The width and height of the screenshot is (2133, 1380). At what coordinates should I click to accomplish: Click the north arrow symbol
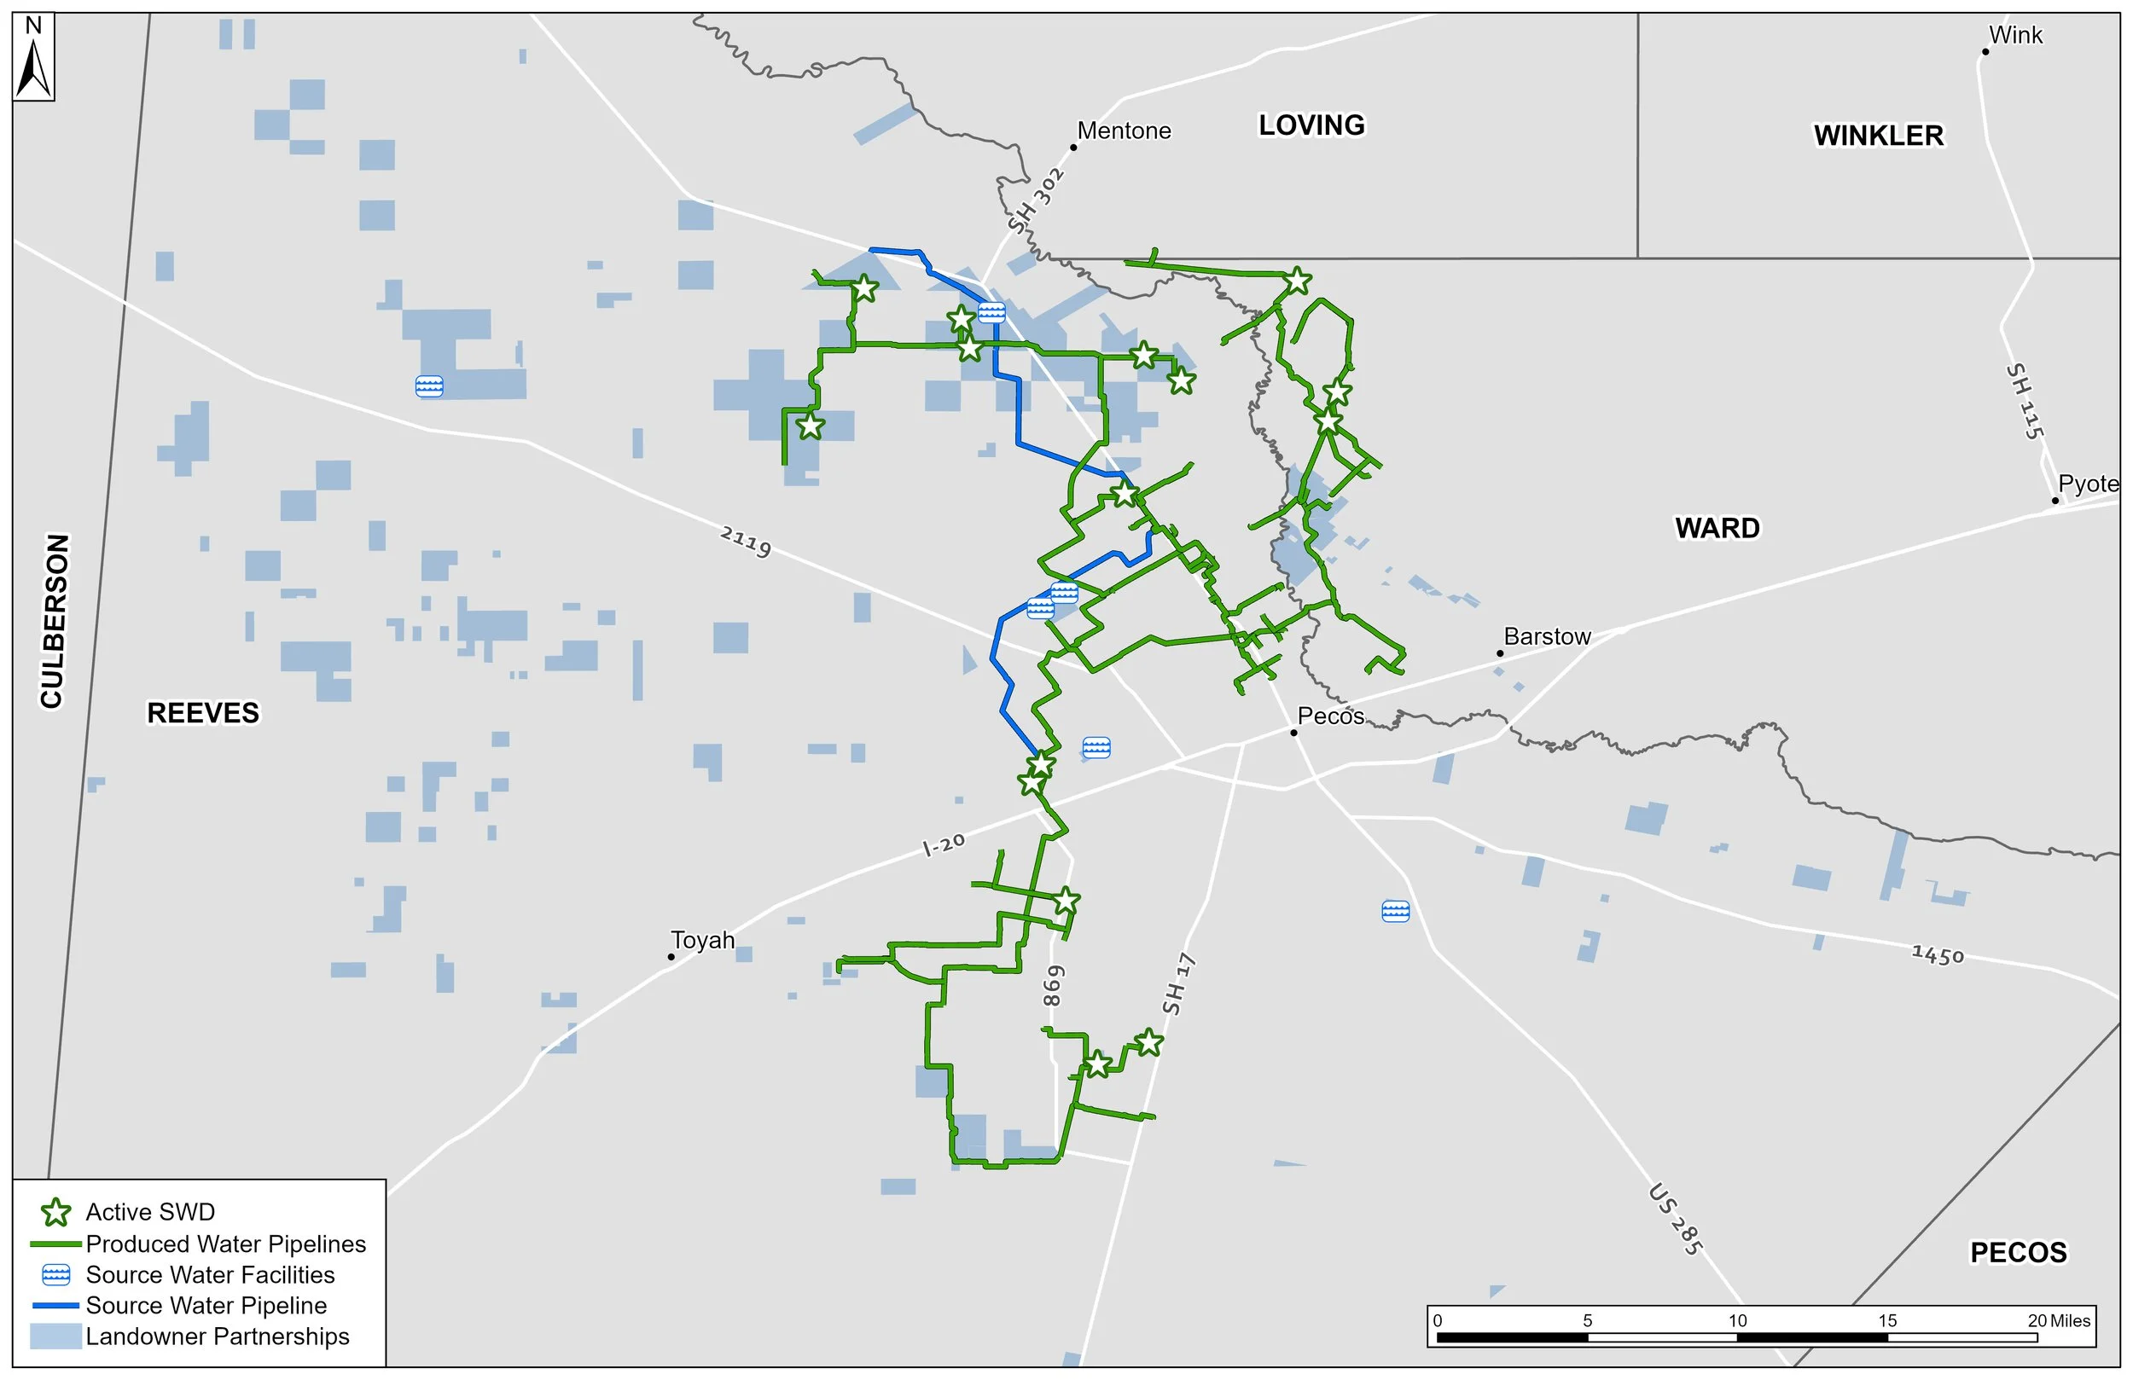(x=34, y=56)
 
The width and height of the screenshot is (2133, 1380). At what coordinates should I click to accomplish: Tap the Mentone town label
(x=1123, y=130)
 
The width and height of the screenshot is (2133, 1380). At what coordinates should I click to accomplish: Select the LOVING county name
(x=1311, y=125)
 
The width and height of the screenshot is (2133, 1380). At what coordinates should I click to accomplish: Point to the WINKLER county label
(x=1879, y=136)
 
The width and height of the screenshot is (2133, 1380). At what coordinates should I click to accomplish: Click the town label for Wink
(x=2014, y=36)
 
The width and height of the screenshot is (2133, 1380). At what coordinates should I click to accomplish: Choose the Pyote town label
(x=2087, y=484)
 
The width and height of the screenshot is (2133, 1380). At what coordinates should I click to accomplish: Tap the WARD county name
(x=1717, y=529)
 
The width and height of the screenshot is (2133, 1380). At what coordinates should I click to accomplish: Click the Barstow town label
(x=1547, y=637)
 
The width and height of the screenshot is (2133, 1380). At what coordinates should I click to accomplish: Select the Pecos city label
(x=1331, y=716)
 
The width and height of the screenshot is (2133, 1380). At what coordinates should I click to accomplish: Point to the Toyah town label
(x=703, y=940)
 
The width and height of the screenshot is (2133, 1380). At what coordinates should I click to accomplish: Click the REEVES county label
(x=203, y=713)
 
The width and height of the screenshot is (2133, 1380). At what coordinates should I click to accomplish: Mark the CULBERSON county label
(x=53, y=621)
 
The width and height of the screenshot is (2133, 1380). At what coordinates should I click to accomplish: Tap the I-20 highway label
(x=944, y=844)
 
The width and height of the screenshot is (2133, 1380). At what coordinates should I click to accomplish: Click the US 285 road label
(x=1674, y=1220)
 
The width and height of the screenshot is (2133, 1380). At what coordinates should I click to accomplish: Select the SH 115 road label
(x=2025, y=401)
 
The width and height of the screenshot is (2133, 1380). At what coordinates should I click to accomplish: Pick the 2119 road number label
(x=745, y=542)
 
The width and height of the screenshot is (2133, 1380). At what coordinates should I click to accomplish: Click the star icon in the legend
(x=56, y=1213)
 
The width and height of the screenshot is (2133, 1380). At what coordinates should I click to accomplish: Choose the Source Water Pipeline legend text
(x=206, y=1306)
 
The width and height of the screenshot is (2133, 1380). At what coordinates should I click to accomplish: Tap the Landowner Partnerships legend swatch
(x=55, y=1337)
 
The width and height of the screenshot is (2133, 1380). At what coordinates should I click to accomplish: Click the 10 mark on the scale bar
(x=1737, y=1321)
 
